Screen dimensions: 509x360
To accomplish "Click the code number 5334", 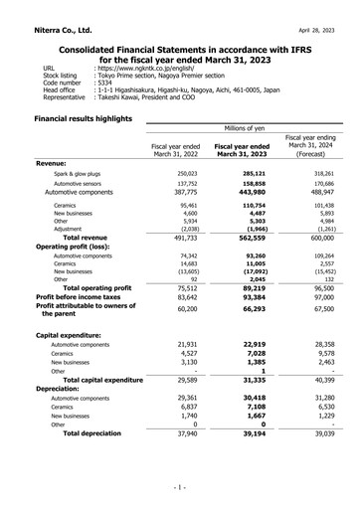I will point(104,83).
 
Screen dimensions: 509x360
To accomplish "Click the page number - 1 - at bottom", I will point(179,488).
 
